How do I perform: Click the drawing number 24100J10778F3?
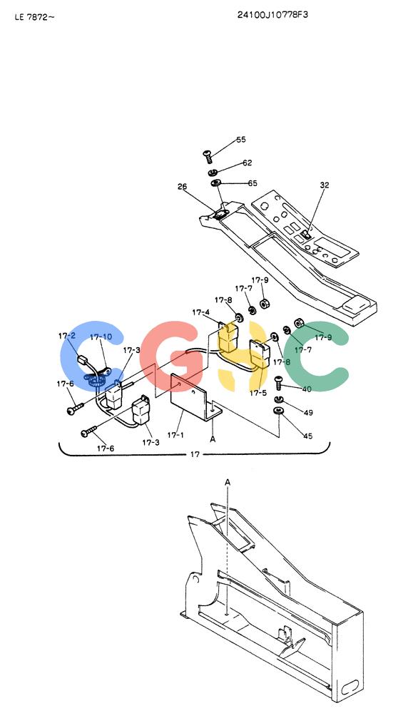272,14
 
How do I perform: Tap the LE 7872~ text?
34,18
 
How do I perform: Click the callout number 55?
240,139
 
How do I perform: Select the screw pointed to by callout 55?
208,157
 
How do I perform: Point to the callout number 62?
247,163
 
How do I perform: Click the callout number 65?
253,183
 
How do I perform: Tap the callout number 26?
182,186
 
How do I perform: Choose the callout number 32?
325,185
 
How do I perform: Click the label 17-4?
200,312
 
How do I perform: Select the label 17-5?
258,393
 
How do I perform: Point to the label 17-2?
67,336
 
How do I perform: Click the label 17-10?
101,337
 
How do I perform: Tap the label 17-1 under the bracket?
175,435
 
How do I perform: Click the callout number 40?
307,389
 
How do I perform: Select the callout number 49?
308,413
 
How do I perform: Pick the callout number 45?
308,436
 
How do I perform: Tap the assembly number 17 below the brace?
195,454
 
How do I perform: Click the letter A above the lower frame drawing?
228,482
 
